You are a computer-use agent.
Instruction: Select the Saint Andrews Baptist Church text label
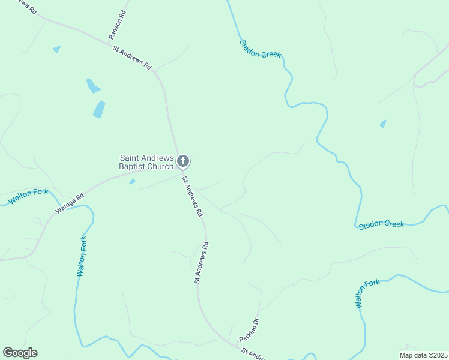pyautogui.click(x=146, y=162)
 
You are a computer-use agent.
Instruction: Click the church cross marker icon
pyautogui.click(x=184, y=161)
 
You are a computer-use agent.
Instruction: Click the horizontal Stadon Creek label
pyautogui.click(x=381, y=224)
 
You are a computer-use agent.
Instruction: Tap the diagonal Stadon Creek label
pyautogui.click(x=260, y=49)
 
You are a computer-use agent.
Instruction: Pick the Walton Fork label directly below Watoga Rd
pyautogui.click(x=82, y=256)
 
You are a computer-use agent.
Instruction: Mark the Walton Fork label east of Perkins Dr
pyautogui.click(x=367, y=293)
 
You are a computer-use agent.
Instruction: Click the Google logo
pyautogui.click(x=20, y=353)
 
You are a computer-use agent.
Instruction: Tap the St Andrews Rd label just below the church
pyautogui.click(x=193, y=196)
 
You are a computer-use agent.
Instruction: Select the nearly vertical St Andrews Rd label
pyautogui.click(x=200, y=263)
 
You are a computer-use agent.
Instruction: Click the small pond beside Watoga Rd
pyautogui.click(x=132, y=182)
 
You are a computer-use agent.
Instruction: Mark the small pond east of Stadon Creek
pyautogui.click(x=383, y=124)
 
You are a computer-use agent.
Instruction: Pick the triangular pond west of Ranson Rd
pyautogui.click(x=57, y=49)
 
